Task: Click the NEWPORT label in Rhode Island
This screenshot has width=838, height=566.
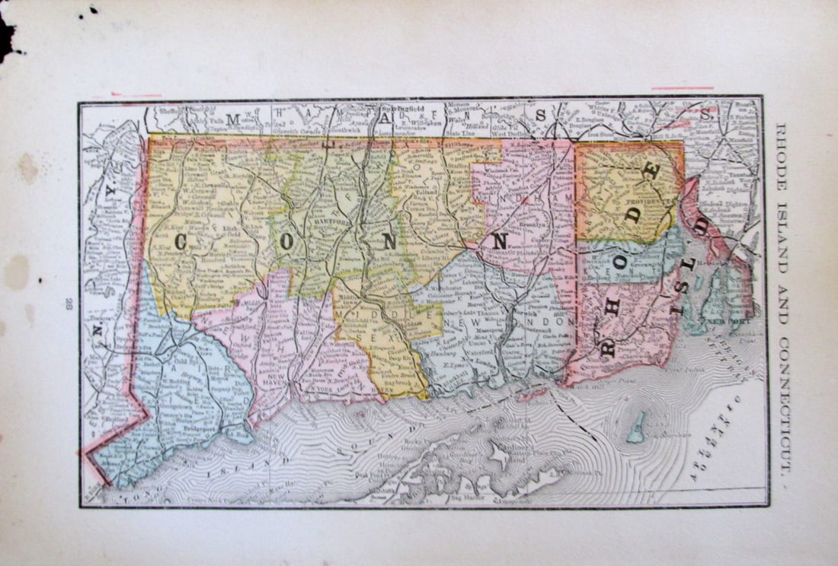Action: [x=730, y=322]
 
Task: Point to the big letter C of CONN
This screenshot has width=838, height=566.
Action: [x=182, y=243]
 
